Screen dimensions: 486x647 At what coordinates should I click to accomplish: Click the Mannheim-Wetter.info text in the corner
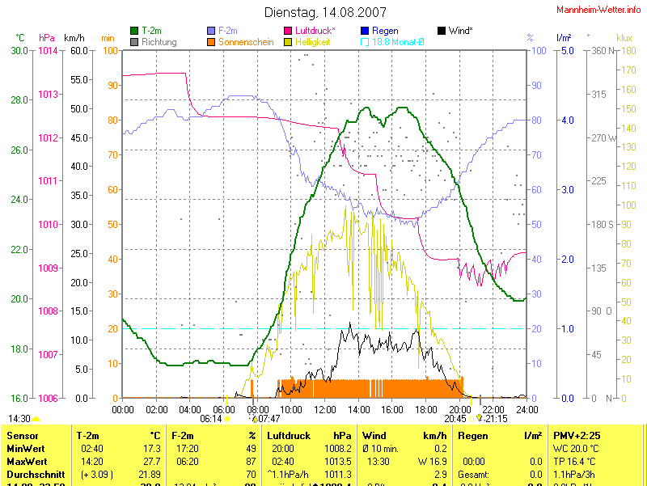599,10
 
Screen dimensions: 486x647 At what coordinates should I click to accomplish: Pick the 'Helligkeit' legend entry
312,41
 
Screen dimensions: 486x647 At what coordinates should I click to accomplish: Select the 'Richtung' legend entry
158,41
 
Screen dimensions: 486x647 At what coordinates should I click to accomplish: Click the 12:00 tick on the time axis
325,409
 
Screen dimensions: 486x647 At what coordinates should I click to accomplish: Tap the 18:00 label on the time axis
426,409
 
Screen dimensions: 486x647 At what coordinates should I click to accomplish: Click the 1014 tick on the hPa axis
49,50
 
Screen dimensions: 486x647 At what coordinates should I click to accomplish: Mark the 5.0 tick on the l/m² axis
567,50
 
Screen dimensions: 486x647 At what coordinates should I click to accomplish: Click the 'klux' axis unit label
624,37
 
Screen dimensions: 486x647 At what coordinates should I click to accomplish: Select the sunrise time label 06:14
210,419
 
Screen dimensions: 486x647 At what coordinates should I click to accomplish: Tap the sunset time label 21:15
497,419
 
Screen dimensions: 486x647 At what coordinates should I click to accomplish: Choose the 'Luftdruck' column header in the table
289,436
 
